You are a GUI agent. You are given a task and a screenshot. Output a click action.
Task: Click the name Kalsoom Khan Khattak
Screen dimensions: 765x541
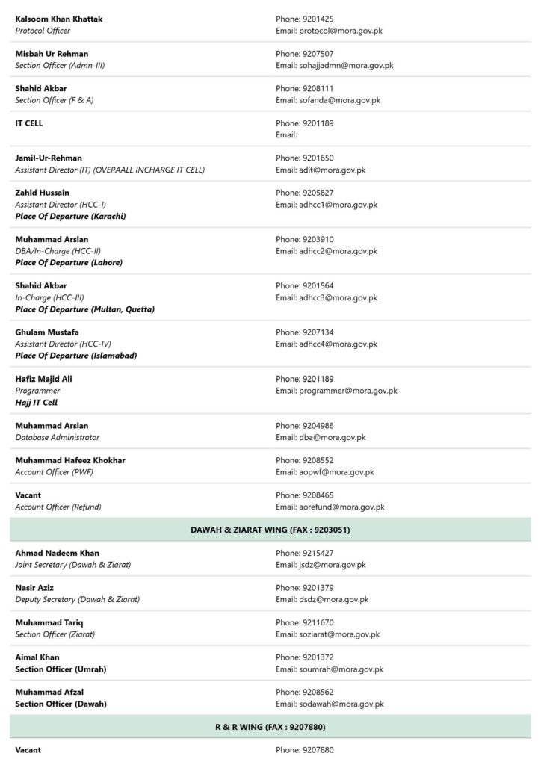pyautogui.click(x=59, y=19)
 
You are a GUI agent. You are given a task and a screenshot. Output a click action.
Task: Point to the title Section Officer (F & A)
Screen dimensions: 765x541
pyautogui.click(x=55, y=100)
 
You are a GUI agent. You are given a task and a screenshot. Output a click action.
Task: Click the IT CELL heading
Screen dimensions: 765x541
pyautogui.click(x=29, y=123)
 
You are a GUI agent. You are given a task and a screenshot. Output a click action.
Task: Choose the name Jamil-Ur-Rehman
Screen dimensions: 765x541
pyautogui.click(x=49, y=158)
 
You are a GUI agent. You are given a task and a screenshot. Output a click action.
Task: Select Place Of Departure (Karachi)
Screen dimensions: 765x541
pyautogui.click(x=70, y=216)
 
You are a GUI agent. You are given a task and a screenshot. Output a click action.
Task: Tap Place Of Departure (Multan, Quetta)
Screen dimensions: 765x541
pyautogui.click(x=84, y=309)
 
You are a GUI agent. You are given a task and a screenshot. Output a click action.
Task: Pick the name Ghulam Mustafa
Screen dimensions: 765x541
pyautogui.click(x=47, y=332)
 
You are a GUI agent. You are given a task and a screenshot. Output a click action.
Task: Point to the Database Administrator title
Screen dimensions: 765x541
pyautogui.click(x=57, y=437)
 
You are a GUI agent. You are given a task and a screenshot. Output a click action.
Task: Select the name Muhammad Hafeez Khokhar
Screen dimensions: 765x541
pyautogui.click(x=70, y=460)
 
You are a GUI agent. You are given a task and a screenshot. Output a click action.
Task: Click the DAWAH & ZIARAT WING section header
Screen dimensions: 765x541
pyautogui.click(x=270, y=530)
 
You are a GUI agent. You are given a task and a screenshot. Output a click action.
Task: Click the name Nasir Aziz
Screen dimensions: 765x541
pyautogui.click(x=34, y=588)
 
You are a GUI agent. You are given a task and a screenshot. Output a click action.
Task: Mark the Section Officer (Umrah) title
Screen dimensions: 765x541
pyautogui.click(x=61, y=669)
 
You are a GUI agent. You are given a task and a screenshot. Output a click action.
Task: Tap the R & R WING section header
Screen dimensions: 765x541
pyautogui.click(x=270, y=727)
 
